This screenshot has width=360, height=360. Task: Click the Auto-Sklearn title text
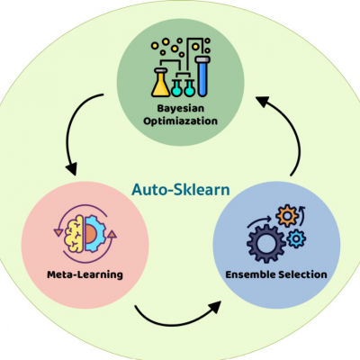point(181,190)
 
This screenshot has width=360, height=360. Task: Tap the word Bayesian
point(181,108)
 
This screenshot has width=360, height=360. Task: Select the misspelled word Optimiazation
point(180,121)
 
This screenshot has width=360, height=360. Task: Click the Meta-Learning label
point(85,274)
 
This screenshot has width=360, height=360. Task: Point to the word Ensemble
point(250,274)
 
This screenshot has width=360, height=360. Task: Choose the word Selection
point(302,274)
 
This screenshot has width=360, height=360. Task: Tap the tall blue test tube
point(202,76)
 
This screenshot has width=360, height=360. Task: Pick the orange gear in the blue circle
point(287,216)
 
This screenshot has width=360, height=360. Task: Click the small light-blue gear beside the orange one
point(296,238)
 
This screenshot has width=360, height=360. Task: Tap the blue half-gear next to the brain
point(95,234)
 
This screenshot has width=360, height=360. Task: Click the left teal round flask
point(176,87)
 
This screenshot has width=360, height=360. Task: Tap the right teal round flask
point(189,87)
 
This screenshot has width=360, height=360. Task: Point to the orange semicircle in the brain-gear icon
point(90,234)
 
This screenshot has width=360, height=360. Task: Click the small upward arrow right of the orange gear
point(301,215)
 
